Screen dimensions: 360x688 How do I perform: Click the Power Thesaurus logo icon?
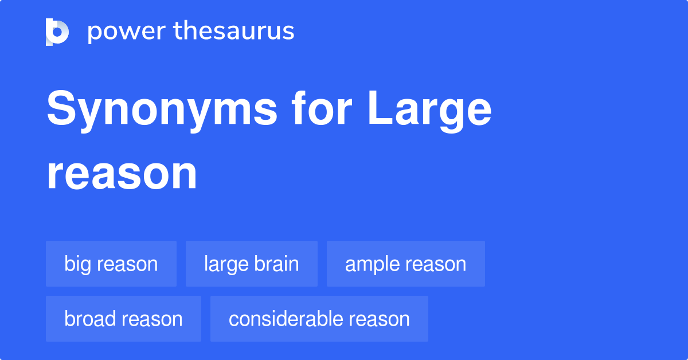pos(57,32)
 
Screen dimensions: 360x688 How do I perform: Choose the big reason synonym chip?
pos(111,264)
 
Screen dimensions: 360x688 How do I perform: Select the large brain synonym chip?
pos(251,264)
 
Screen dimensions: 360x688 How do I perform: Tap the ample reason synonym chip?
pos(405,264)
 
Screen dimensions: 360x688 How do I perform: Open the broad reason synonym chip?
pos(123,319)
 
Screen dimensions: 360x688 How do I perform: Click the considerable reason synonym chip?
pos(319,319)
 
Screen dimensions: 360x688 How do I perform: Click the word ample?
pos(373,264)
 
